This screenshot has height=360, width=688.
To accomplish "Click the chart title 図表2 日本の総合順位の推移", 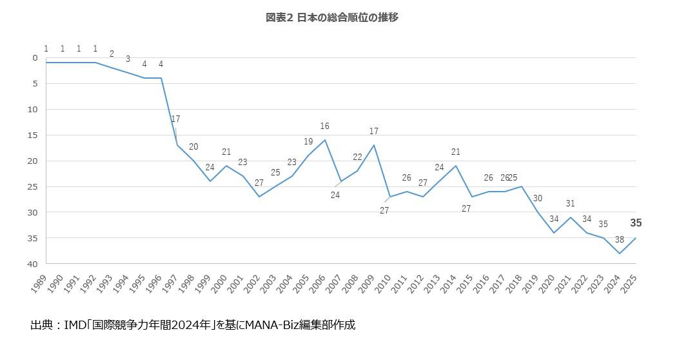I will coord(332,18).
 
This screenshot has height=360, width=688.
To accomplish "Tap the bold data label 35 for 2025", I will coord(636,223).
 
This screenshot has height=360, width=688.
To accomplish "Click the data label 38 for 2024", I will coord(619,239).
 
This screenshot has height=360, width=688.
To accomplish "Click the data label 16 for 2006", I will coord(325,126).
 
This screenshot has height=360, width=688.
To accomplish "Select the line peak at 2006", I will coord(325,140).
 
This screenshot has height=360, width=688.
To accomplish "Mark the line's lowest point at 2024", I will coord(620,254).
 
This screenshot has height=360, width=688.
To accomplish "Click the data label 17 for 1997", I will coord(175,119).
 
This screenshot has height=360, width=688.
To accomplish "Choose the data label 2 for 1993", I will coord(112,54).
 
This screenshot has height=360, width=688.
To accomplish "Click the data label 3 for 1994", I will coord(128,59).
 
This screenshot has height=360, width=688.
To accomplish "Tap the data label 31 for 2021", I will coord(570,204).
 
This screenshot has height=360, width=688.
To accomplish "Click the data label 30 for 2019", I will coord(538,199).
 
